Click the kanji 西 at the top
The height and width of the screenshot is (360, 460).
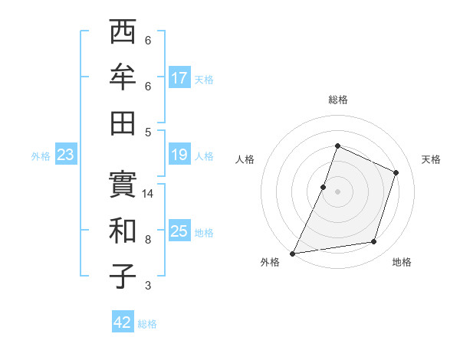123,32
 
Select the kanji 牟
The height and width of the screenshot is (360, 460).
123,78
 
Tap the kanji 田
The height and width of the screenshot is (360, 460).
123,123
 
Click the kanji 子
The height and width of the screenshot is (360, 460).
123,277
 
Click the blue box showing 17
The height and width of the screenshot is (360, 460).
179,78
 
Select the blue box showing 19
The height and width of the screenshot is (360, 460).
179,155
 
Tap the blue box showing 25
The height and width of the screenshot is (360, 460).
179,231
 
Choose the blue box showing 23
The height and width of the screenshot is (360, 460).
66,155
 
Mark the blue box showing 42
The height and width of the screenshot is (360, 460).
123,322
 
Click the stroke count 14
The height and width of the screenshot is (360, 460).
149,194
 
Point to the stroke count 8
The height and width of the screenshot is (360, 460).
148,240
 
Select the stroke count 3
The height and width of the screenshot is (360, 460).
148,286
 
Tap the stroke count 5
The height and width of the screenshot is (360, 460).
148,132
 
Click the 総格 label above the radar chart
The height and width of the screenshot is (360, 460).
337,100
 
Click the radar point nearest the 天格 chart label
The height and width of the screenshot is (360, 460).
396,172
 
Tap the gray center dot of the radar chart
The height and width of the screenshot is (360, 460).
337,191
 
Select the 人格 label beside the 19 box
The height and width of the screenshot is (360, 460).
204,156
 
